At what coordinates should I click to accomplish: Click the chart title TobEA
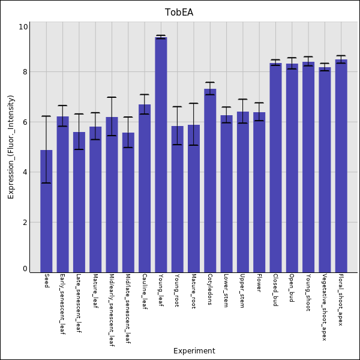pyautogui.click(x=179, y=12)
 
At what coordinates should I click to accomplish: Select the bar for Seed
pyautogui.click(x=46, y=211)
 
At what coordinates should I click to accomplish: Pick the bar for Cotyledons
pyautogui.click(x=210, y=181)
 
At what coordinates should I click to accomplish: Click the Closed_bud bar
pyautogui.click(x=275, y=167)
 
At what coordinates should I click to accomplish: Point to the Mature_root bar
pyautogui.click(x=194, y=199)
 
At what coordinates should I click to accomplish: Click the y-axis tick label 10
pyautogui.click(x=23, y=27)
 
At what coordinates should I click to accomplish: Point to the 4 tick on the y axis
pyautogui.click(x=25, y=172)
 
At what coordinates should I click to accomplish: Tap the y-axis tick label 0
pyautogui.click(x=25, y=269)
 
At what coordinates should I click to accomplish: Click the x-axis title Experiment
pyautogui.click(x=194, y=351)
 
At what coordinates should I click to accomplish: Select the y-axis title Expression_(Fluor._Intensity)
pyautogui.click(x=11, y=146)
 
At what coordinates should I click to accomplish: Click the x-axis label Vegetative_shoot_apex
pyautogui.click(x=325, y=307)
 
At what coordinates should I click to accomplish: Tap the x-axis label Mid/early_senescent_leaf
pyautogui.click(x=112, y=310)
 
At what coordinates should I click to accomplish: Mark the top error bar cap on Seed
pyautogui.click(x=46, y=116)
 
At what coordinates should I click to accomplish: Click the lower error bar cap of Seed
pyautogui.click(x=46, y=183)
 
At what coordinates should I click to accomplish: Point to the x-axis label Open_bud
pyautogui.click(x=292, y=289)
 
